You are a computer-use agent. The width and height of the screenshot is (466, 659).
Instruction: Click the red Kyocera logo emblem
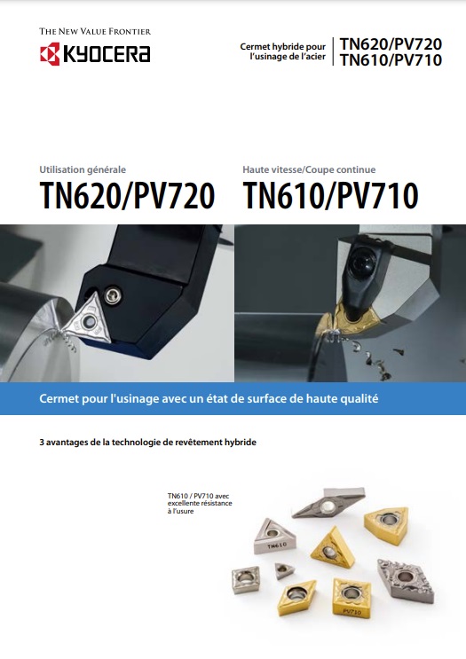tap(50, 53)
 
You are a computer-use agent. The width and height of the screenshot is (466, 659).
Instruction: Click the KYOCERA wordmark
tap(107, 54)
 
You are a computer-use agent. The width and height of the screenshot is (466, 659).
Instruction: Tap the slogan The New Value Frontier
tap(95, 31)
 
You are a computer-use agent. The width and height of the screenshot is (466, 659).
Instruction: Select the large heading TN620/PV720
tap(127, 195)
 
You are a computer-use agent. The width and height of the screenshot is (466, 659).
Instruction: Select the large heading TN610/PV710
tap(330, 195)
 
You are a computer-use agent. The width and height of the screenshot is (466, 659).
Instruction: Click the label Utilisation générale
tap(83, 169)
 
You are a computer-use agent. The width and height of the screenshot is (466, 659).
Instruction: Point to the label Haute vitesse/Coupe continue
tap(309, 169)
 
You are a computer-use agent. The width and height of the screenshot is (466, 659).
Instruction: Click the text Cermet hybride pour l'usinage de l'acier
tap(282, 51)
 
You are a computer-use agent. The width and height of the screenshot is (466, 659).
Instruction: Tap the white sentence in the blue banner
tap(209, 398)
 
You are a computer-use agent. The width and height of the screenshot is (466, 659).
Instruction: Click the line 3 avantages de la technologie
tap(147, 442)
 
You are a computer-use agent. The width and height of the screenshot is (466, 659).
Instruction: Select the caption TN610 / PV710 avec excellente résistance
tap(200, 503)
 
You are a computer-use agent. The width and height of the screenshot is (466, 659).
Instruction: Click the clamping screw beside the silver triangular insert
tap(113, 295)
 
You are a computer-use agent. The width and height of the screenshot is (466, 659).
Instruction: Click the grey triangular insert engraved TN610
tap(275, 537)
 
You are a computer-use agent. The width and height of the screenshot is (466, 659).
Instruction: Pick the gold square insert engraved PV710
tap(351, 597)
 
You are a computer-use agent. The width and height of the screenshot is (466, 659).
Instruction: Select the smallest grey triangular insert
tap(284, 570)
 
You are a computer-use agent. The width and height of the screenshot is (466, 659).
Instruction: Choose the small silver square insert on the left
tap(246, 580)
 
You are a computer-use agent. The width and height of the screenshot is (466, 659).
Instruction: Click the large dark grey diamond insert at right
tap(406, 580)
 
